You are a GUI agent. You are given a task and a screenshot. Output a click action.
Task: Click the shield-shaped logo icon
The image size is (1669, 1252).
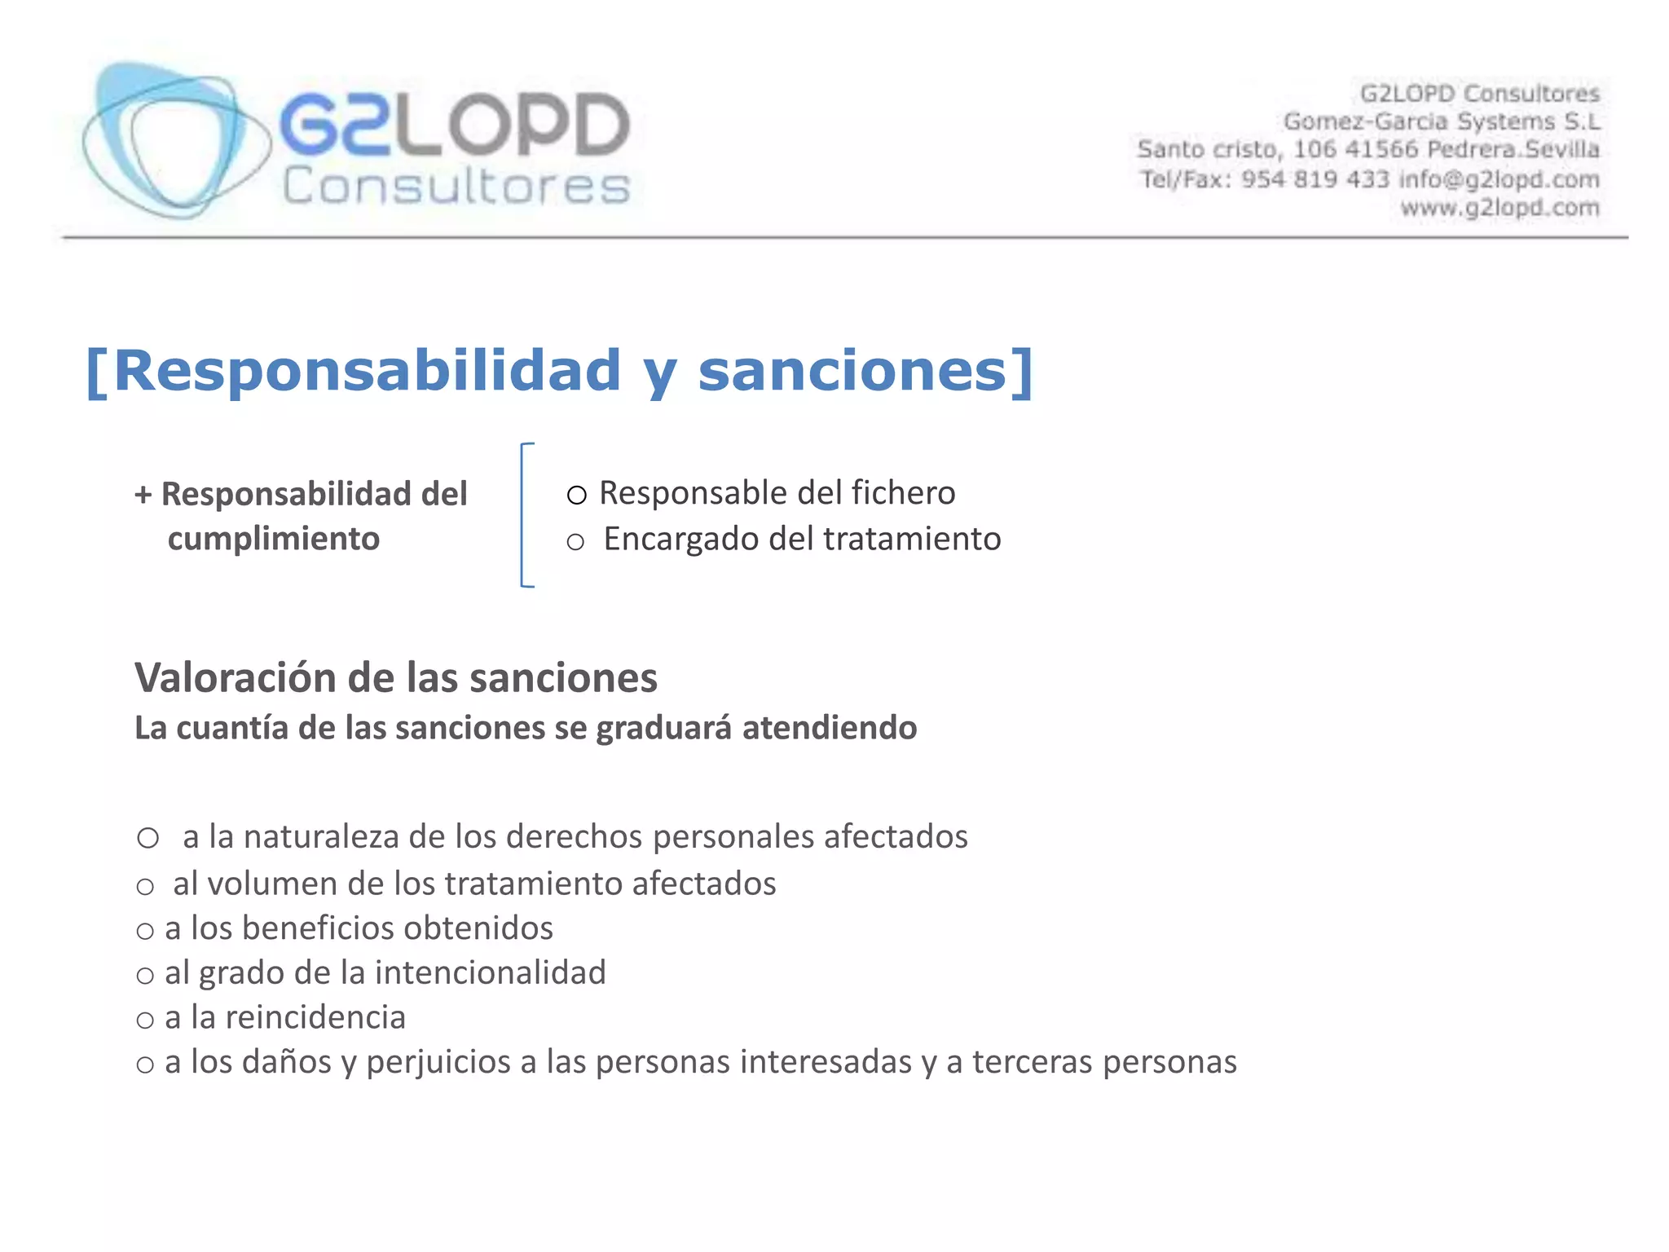pyautogui.click(x=175, y=140)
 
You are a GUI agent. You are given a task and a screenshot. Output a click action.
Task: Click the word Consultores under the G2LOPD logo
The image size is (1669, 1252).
pyautogui.click(x=456, y=187)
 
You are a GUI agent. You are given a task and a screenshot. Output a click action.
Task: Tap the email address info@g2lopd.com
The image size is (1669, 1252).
pyautogui.click(x=1499, y=179)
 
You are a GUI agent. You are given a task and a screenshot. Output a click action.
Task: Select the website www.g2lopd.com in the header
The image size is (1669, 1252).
pyautogui.click(x=1499, y=208)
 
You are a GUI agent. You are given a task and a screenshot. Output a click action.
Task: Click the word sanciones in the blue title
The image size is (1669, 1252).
pyautogui.click(x=852, y=371)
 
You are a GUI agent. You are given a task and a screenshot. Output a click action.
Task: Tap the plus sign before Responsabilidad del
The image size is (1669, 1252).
pyautogui.click(x=143, y=495)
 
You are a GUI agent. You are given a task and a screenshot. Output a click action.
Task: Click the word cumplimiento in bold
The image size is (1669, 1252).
pyautogui.click(x=274, y=539)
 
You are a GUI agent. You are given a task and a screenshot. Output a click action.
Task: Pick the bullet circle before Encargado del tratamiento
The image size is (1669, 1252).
pyautogui.click(x=575, y=542)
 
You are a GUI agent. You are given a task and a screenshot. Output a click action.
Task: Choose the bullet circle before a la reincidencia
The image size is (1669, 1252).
pyautogui.click(x=145, y=1021)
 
